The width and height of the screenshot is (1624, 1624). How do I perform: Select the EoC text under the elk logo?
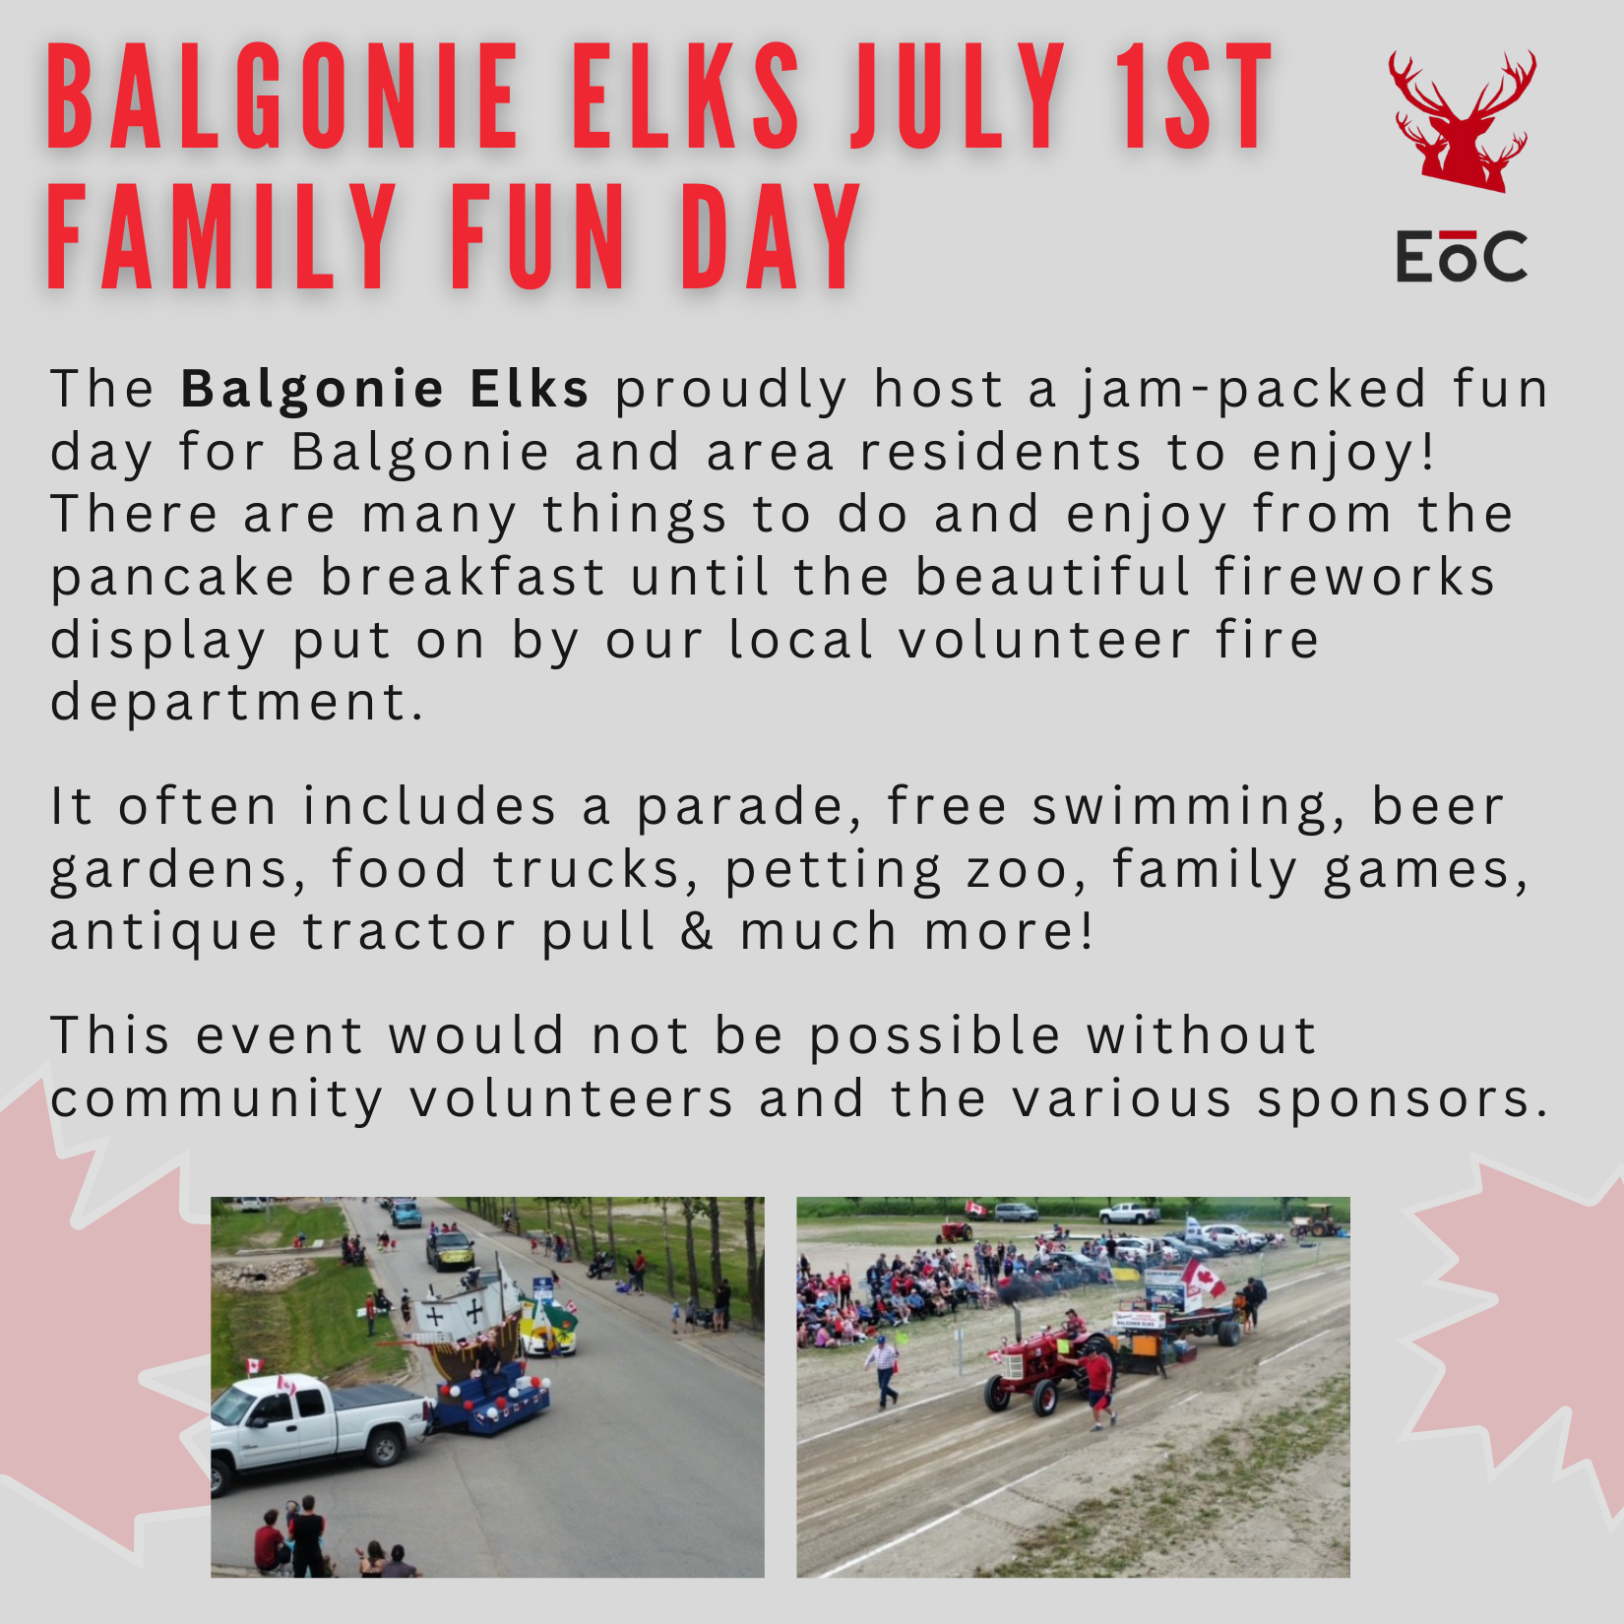tap(1462, 256)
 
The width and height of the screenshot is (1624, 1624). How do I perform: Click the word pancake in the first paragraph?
tap(172, 578)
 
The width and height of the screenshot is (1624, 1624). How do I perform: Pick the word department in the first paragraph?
tap(236, 703)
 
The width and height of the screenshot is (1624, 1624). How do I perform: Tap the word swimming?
tap(1189, 808)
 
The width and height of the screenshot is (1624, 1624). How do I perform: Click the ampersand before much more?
tap(696, 931)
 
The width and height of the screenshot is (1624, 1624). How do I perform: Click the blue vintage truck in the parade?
tap(406, 1214)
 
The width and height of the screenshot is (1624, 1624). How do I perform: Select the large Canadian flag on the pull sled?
tap(1203, 1280)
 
